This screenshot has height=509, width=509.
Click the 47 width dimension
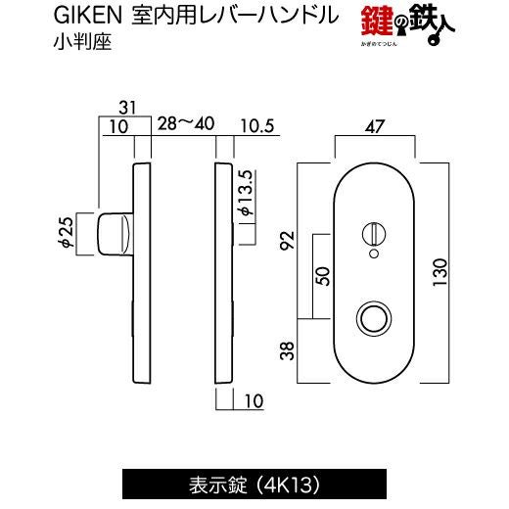coord(375,126)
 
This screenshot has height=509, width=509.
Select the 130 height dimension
coord(440,272)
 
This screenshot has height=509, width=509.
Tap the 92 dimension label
coord(288,240)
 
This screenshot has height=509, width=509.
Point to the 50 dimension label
coord(323,276)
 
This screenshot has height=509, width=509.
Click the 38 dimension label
coord(288,350)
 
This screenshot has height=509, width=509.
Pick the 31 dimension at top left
coord(127,108)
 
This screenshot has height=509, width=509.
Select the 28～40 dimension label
coord(186,123)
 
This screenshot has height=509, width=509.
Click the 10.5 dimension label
coord(257,126)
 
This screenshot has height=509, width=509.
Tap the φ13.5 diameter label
coord(247,193)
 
